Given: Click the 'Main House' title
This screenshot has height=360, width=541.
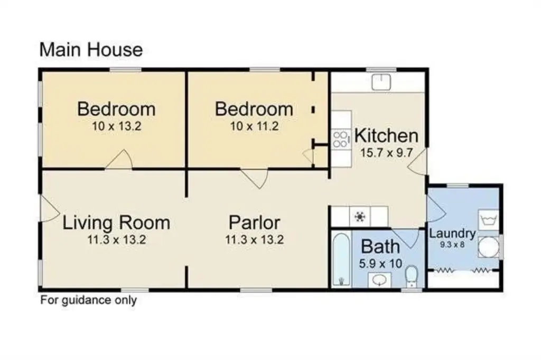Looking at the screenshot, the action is coord(91,49).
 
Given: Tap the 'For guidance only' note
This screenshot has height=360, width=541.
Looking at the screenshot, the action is coord(89,300).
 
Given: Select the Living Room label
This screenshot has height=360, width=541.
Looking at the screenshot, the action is coord(116,223).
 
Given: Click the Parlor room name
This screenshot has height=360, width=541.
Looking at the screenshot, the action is coord(254,223).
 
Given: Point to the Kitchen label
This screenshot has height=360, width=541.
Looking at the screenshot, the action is coord(386,136).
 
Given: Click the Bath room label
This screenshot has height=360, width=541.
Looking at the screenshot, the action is coord(380,246).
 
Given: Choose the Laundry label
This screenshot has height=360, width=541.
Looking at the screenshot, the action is coord(452,234).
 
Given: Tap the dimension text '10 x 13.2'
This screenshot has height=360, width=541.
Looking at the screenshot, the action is coord(117,126).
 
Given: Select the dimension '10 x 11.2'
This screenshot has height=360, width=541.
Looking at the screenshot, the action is coord(254,126).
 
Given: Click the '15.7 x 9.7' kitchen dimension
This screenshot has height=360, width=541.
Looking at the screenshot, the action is coord(386,153).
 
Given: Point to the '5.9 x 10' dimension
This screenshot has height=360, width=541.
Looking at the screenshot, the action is coord(380,264).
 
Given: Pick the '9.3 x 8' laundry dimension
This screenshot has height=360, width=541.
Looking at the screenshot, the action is coord(452,245).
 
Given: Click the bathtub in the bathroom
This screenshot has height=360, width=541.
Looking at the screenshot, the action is coord(341,260).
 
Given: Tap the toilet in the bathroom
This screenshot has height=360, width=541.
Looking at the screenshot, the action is coord(411,276).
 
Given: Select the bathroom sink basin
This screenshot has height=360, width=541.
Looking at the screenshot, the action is coord(379,280).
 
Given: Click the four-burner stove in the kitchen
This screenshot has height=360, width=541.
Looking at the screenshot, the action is coord(341,139).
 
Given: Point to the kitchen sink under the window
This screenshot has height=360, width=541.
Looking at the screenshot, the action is coord(381,82).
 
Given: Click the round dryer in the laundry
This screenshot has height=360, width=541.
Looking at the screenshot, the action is coord(489,247).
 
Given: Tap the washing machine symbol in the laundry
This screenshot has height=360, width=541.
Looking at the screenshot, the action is coord(489,220).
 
